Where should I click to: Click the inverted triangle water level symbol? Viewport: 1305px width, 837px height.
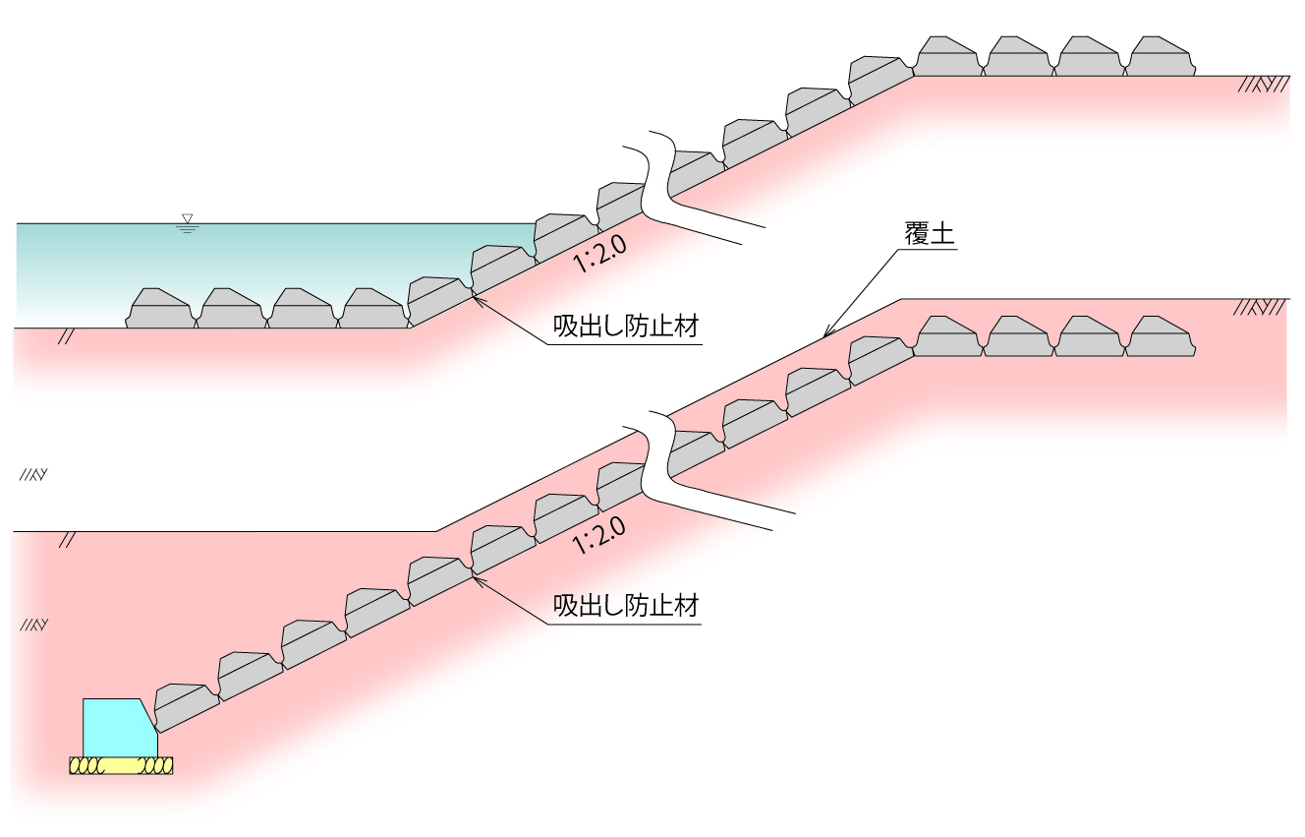click(187, 218)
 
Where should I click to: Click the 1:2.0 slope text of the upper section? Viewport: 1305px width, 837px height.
click(600, 255)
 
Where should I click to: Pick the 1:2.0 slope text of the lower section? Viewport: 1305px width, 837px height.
click(600, 535)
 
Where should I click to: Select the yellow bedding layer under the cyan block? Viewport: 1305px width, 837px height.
click(121, 766)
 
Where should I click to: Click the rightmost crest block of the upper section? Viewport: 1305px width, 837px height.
click(1161, 57)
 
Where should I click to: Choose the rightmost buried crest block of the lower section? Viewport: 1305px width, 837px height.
click(1161, 337)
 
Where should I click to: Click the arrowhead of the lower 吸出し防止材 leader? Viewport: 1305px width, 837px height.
click(475, 576)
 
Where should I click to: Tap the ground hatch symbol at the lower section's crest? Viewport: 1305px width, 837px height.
click(1263, 308)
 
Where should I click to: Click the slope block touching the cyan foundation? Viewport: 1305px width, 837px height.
click(187, 704)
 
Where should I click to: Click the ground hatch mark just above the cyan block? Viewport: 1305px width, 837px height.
click(33, 625)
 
